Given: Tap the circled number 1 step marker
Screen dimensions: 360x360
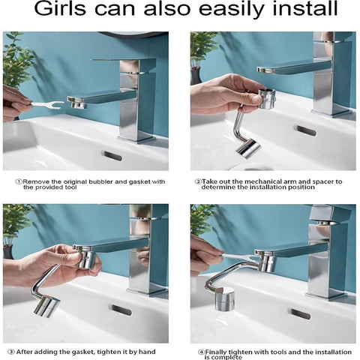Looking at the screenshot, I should click(19, 181).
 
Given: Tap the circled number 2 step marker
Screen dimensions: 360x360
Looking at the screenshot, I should click(199, 181).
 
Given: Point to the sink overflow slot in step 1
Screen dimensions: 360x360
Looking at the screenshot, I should click(112, 155).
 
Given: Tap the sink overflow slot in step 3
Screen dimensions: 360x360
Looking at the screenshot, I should click(120, 309).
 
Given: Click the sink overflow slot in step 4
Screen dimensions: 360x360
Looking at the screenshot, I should click(300, 313).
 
